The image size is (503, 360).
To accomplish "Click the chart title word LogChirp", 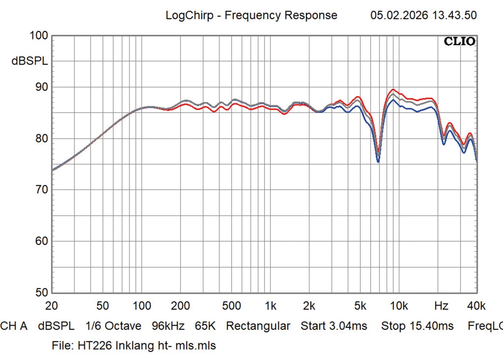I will click(x=189, y=15).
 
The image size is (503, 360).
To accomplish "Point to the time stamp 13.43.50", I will click(x=454, y=15).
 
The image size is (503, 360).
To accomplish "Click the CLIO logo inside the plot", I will click(x=459, y=42).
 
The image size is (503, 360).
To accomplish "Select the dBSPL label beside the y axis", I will click(x=30, y=61).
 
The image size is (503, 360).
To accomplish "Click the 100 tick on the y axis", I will click(x=39, y=36).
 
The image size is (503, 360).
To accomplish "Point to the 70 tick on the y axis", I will click(x=42, y=190).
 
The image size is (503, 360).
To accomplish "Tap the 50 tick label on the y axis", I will click(x=42, y=293).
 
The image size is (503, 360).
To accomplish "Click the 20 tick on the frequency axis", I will click(x=51, y=306).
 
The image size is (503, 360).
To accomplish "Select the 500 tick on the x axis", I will click(x=231, y=306).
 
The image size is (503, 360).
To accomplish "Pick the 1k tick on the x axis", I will click(x=270, y=306).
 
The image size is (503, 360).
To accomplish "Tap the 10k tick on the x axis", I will click(x=399, y=306).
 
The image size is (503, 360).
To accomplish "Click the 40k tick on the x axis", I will click(x=476, y=306).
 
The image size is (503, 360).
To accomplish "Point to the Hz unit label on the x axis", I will click(x=441, y=306).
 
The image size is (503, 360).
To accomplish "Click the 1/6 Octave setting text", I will click(x=113, y=326).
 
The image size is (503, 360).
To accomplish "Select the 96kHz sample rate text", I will click(x=168, y=326).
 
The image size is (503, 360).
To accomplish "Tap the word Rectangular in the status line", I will click(x=258, y=326).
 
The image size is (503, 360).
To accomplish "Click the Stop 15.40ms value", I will click(x=417, y=326).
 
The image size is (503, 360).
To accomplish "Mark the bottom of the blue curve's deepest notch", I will click(x=378, y=162).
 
